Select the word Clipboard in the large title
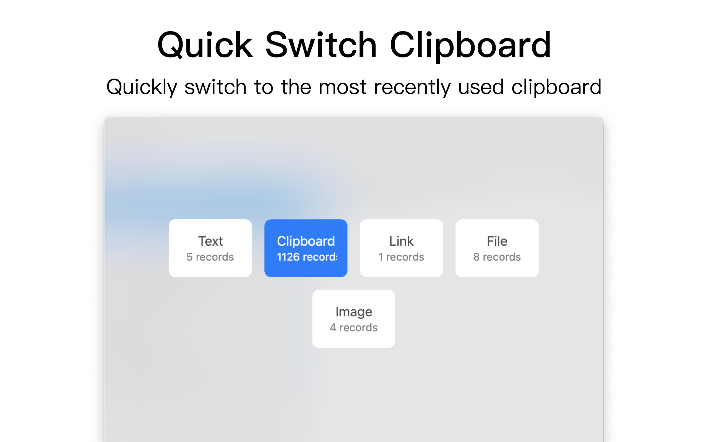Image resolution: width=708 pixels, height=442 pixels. tap(470, 45)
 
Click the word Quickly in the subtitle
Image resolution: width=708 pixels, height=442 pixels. tap(142, 87)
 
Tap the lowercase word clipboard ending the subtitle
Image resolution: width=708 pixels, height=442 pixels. tap(556, 87)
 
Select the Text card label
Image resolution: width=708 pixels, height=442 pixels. tap(210, 241)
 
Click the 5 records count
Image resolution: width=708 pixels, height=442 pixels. tap(210, 257)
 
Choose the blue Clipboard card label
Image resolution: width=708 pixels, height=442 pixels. tap(306, 241)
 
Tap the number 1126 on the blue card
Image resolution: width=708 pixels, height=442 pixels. tap(288, 257)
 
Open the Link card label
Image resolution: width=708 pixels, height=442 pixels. tap(401, 241)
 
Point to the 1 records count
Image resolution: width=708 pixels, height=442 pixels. tap(401, 257)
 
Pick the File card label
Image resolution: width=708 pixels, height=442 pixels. tap(497, 241)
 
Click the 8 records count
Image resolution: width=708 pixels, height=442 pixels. tap(497, 257)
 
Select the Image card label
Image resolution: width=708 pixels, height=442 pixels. tap(353, 312)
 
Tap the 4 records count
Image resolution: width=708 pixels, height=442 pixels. tap(353, 328)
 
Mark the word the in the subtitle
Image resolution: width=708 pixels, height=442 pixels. tap(296, 87)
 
